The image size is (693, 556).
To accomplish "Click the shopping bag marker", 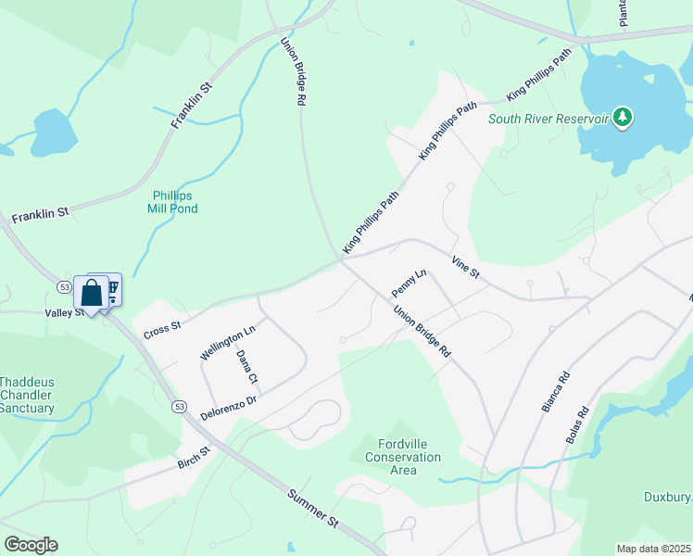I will coord(92,295).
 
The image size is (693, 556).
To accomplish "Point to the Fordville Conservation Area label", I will coord(403,457).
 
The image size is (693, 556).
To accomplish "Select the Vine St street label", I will coord(465,267).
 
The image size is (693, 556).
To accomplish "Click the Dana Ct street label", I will coord(246,367).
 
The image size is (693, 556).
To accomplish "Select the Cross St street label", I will coord(161,330).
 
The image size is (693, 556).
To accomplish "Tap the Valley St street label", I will coord(65,313).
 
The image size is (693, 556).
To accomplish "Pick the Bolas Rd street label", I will coord(576,425).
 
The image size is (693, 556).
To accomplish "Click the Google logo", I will coord(31,545).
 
